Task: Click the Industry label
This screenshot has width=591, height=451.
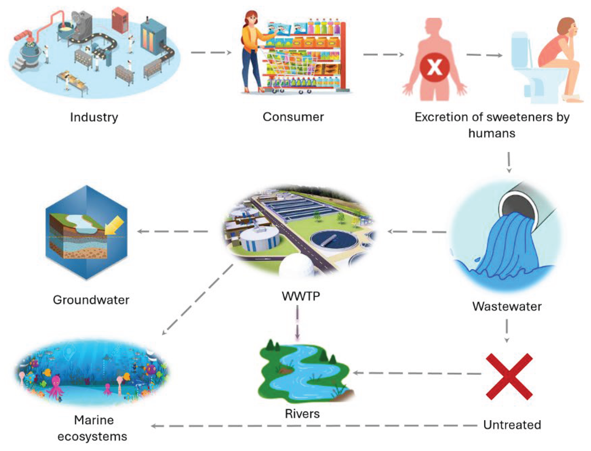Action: click(x=94, y=117)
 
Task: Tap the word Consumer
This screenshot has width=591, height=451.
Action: click(x=293, y=117)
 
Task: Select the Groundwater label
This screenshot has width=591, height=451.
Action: click(x=91, y=300)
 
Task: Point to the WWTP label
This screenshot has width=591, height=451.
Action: click(x=301, y=296)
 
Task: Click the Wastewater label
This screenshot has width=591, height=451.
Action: click(x=507, y=306)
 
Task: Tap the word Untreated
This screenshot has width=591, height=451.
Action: click(x=512, y=425)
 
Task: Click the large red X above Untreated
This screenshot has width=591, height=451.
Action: click(x=509, y=376)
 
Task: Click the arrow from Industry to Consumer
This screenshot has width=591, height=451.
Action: click(x=211, y=52)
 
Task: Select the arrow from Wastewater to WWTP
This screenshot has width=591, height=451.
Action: click(x=417, y=231)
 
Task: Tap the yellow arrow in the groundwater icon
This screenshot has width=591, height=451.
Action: click(x=115, y=225)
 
